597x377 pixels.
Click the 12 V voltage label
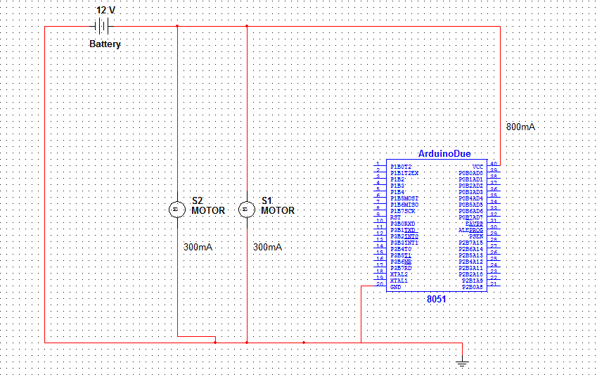pos(105,11)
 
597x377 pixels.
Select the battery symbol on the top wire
pos(103,27)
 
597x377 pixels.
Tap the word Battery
pos(105,44)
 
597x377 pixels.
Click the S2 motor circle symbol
pos(176,210)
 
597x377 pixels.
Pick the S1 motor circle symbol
pos(246,210)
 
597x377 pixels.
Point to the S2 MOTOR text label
pos(207,205)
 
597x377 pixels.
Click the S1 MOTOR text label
pos(277,205)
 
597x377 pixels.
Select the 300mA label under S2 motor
pos(198,248)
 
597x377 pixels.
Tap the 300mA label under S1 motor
pos(267,248)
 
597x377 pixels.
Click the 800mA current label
pos(520,127)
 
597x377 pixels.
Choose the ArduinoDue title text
pos(444,154)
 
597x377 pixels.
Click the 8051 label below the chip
pos(437,299)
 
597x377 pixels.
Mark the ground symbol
pos(461,363)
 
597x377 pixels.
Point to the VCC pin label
pos(477,167)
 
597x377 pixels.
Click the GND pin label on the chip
pos(397,287)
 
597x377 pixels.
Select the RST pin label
pos(396,217)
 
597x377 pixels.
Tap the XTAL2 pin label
pos(399,274)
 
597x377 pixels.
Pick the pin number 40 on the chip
pos(494,164)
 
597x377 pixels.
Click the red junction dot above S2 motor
pos(176,27)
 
